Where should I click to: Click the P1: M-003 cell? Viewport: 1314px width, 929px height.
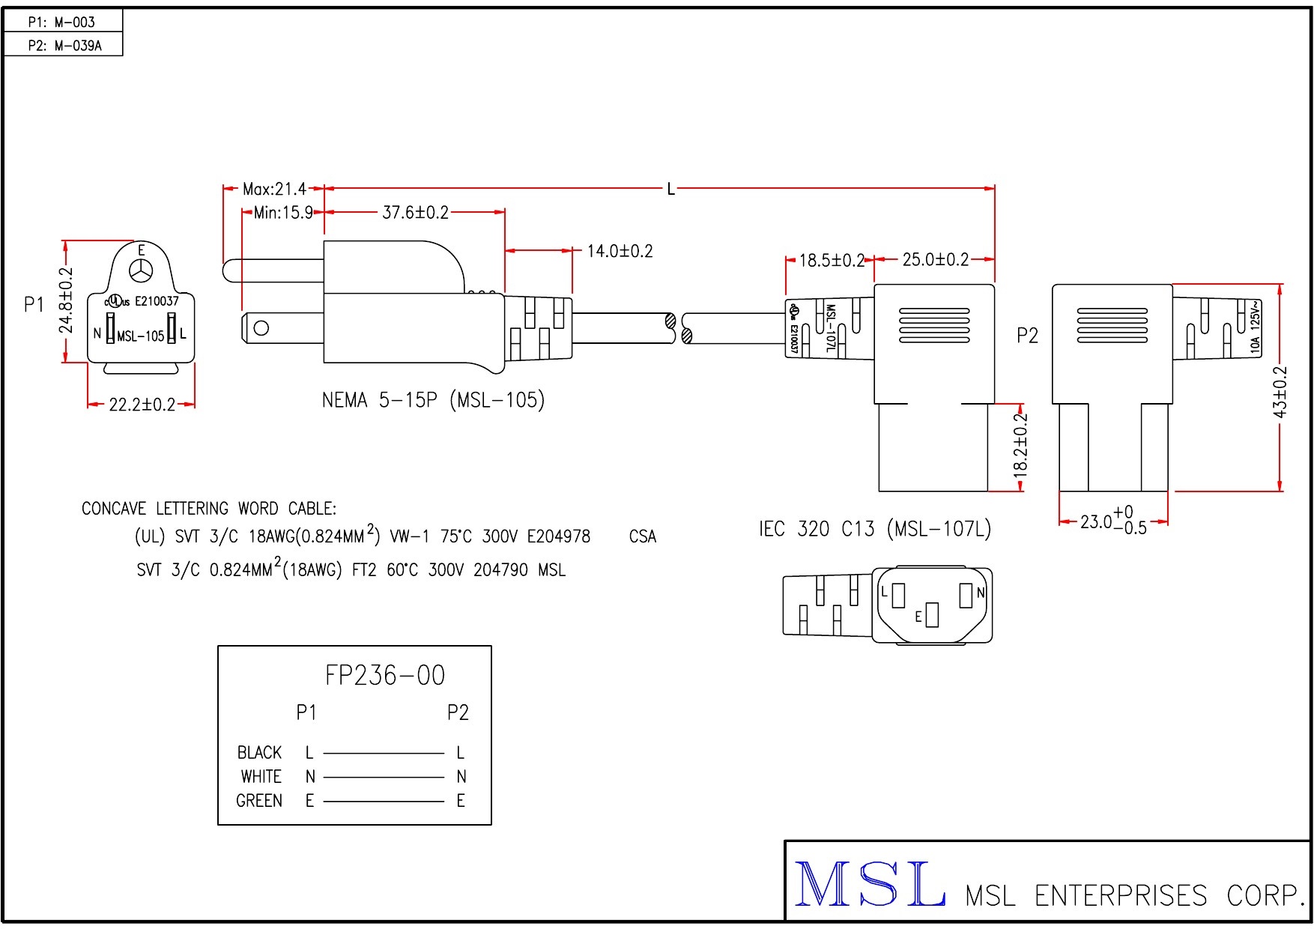62,22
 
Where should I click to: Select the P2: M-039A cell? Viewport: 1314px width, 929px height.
64,46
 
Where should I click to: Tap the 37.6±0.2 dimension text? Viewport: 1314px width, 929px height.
415,213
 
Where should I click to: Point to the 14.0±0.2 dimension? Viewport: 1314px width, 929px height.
620,251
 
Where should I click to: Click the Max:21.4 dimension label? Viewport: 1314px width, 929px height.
274,189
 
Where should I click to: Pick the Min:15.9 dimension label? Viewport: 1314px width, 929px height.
283,213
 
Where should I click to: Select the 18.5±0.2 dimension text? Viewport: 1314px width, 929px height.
832,261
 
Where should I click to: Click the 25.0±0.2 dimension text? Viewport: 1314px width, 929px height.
935,260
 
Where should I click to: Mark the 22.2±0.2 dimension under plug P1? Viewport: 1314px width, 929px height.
142,405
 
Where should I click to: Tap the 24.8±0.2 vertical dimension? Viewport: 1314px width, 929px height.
66,300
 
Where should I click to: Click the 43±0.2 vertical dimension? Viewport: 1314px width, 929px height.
1280,392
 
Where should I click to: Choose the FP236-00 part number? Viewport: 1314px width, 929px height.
385,676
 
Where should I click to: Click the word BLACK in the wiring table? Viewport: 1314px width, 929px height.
259,752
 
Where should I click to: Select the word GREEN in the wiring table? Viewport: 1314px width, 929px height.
259,801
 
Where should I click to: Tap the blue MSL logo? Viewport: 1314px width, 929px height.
869,885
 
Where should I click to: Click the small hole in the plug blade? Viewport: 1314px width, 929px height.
261,327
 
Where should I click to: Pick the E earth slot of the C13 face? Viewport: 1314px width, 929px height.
931,615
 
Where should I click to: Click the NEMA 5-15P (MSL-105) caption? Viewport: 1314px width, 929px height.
433,400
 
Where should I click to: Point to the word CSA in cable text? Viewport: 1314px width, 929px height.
642,536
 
